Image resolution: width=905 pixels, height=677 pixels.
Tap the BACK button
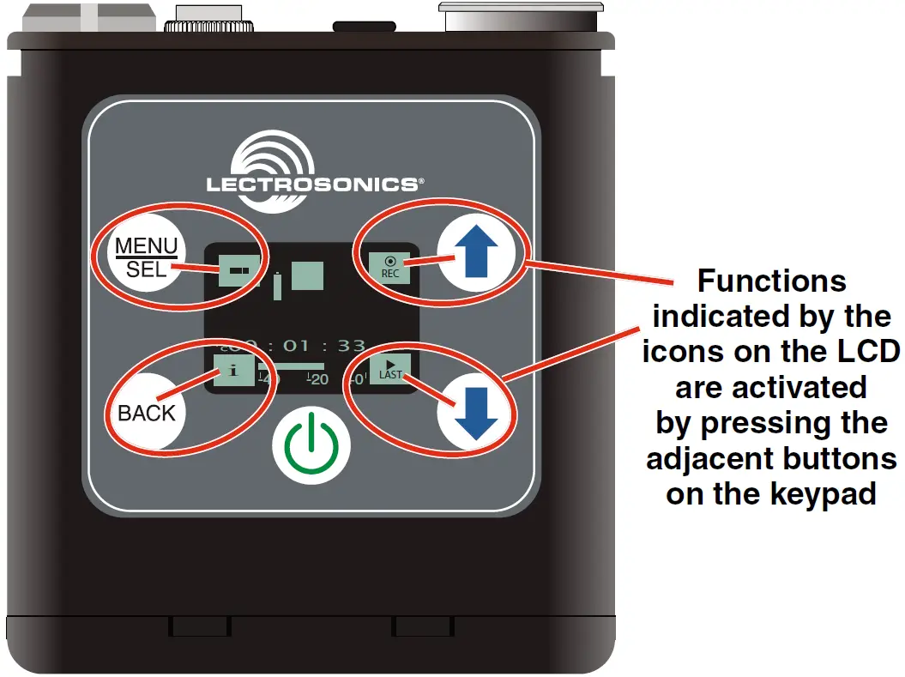[x=146, y=413]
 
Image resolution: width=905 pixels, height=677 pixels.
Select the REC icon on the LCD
[x=389, y=267]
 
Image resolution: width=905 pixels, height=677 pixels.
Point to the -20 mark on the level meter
[x=318, y=378]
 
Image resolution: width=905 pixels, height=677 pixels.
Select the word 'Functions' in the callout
[x=771, y=281]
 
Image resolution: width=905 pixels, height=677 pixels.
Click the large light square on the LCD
[x=307, y=275]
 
